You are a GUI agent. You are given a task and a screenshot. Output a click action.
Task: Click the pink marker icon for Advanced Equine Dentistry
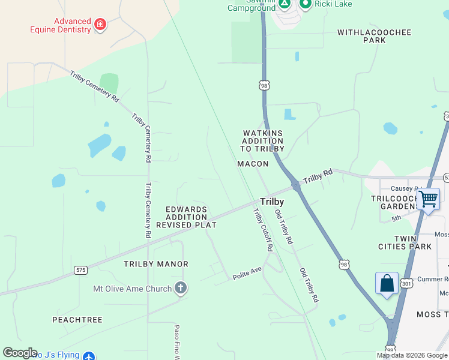pyautogui.click(x=100, y=25)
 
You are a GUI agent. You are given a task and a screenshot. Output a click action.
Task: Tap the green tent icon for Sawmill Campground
pyautogui.click(x=285, y=4)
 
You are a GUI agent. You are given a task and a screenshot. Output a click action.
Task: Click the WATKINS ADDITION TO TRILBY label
pyautogui.click(x=262, y=141)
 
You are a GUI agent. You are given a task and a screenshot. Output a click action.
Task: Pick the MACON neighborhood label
pyautogui.click(x=253, y=164)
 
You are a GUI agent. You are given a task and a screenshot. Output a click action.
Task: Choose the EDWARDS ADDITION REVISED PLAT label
pyautogui.click(x=186, y=217)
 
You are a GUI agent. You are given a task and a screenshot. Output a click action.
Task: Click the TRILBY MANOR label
pyautogui.click(x=156, y=264)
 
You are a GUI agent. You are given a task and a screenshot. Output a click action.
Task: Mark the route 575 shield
pyautogui.click(x=80, y=270)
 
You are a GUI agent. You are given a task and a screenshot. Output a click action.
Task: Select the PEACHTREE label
pyautogui.click(x=77, y=320)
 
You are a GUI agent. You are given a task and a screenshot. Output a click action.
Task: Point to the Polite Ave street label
pyautogui.click(x=247, y=274)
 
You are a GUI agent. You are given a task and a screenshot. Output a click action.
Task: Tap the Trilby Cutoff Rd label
pyautogui.click(x=263, y=230)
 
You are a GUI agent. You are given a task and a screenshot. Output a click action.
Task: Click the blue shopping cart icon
pyautogui.click(x=429, y=198)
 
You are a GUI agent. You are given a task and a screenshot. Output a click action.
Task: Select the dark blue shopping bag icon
pyautogui.click(x=387, y=283)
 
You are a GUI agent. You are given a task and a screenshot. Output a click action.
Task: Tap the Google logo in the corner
pyautogui.click(x=19, y=353)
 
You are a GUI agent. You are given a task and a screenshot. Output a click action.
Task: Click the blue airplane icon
pyautogui.click(x=89, y=356)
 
